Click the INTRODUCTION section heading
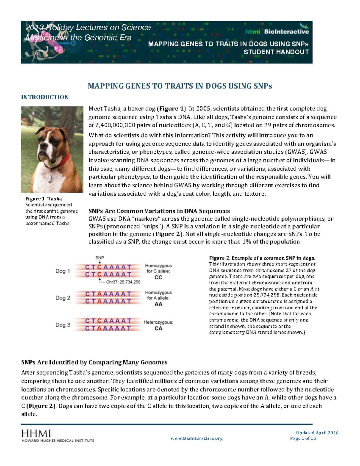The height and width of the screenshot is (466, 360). pos(45,97)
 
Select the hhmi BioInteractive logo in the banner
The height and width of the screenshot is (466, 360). pos(277,32)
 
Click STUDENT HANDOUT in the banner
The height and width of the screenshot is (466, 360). pos(276,52)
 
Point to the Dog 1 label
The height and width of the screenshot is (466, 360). pos(62,271)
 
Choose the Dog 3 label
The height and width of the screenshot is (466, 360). pos(62,325)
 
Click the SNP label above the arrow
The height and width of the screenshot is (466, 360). pos(100,258)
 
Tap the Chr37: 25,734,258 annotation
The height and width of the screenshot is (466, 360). pos(123,282)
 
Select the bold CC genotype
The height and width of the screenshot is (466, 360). pos(158,278)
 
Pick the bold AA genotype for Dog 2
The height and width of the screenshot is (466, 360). pos(158,304)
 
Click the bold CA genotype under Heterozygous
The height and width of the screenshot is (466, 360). pos(158,329)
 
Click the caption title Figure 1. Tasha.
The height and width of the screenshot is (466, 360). pos(44,199)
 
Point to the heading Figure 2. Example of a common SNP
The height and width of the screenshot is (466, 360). pos(262,258)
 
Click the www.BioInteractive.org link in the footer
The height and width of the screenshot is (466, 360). pos(196,438)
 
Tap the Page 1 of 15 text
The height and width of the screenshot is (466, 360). pos(303,438)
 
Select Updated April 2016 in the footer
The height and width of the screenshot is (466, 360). pos(317,433)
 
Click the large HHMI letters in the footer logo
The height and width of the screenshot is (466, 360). pos(36,433)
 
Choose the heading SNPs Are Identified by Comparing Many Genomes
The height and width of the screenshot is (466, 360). pos(94,362)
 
